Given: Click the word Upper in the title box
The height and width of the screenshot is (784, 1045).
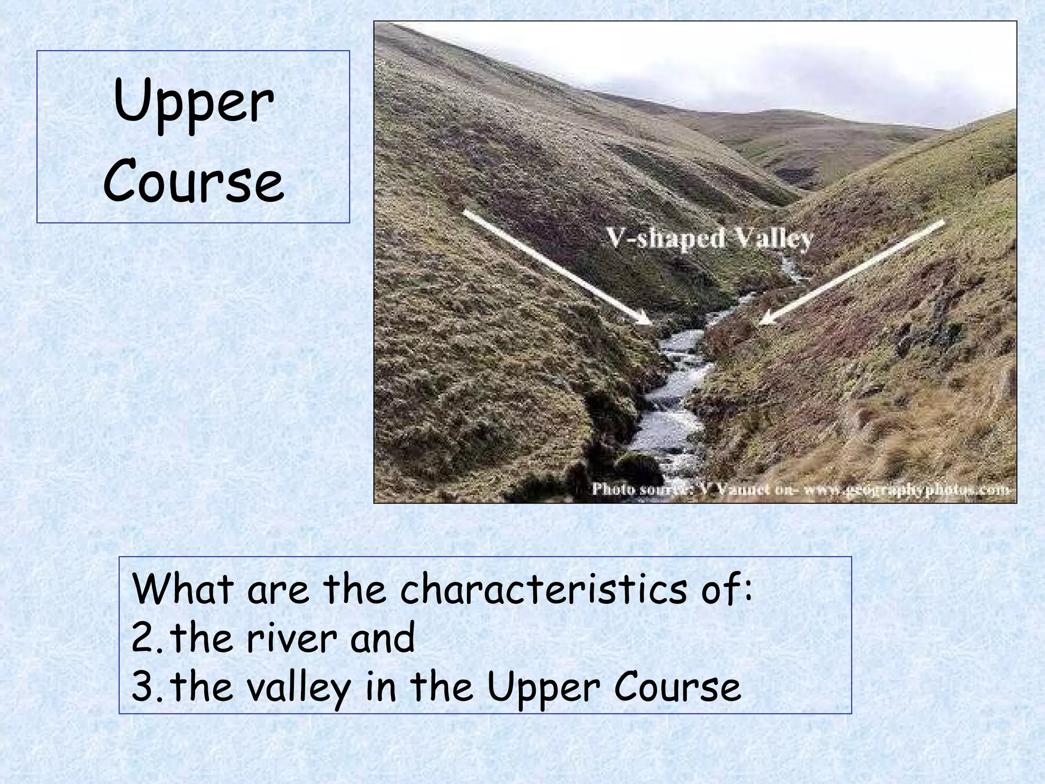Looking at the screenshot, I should tap(194, 105).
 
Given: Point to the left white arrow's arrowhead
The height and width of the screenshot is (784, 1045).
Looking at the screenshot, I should tap(645, 320).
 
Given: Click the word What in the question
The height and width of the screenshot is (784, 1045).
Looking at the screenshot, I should tap(183, 589).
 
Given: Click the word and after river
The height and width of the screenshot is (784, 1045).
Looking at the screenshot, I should tap(382, 639).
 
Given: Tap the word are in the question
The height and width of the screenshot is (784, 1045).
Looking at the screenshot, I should tap(278, 590).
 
